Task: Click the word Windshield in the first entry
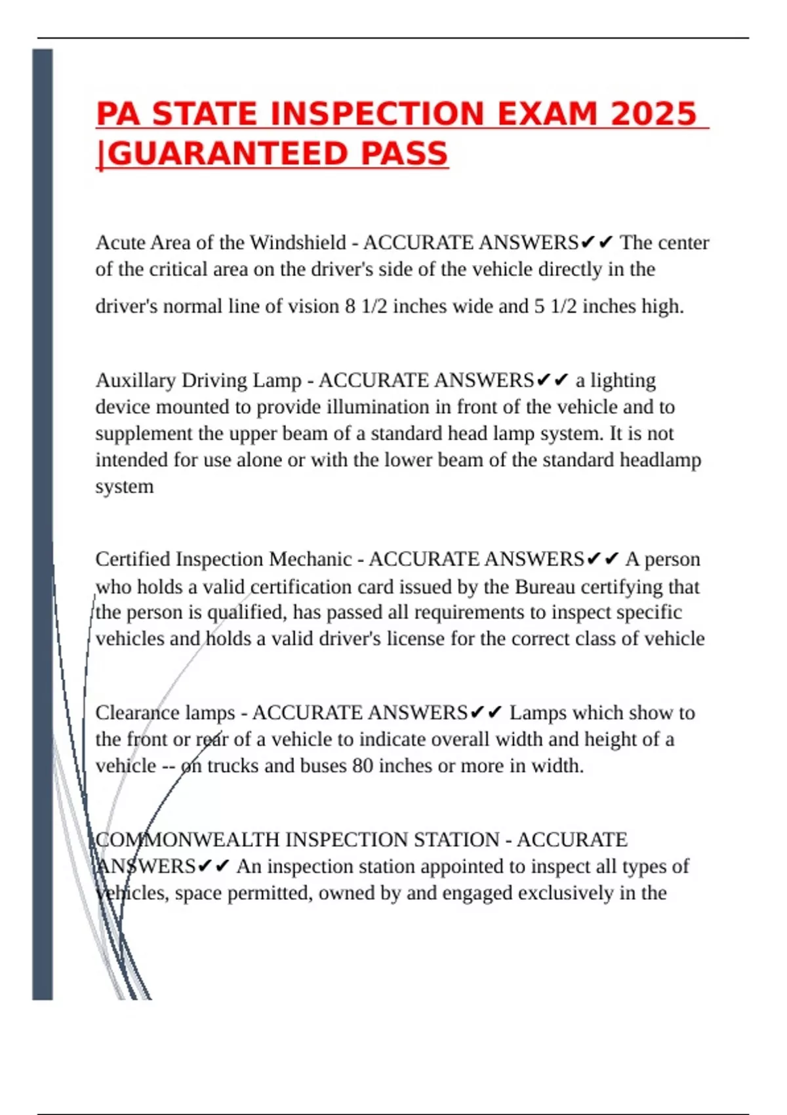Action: (298, 243)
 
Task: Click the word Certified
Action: (133, 559)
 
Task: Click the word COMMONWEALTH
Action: (188, 840)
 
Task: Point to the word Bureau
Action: (546, 586)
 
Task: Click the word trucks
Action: (233, 765)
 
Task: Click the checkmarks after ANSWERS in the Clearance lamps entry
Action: (487, 712)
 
